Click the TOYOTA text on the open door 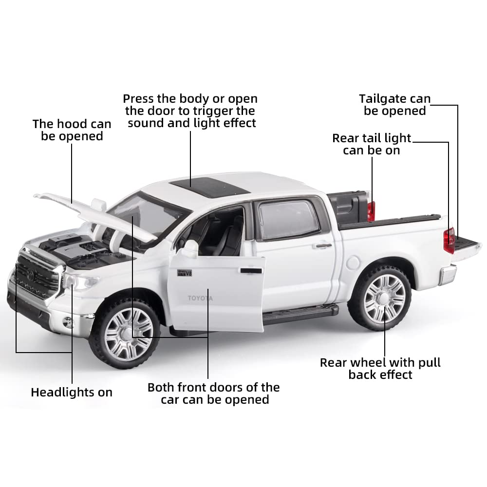(200, 298)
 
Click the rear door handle (323, 245)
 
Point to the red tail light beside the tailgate (449, 240)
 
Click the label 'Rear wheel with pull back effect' (380, 369)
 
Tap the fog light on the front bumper (69, 322)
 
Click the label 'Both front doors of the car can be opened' (214, 393)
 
